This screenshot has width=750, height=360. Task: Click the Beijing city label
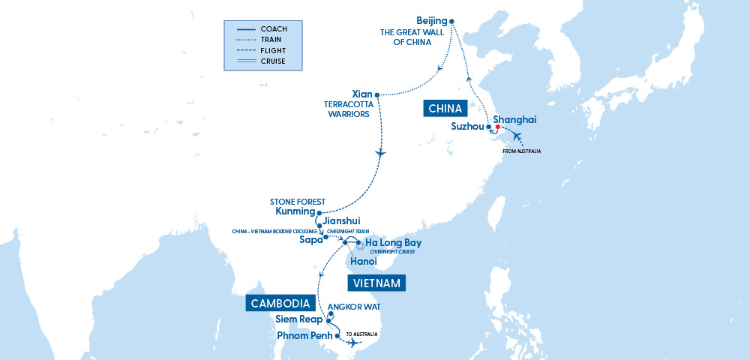(x=430, y=20)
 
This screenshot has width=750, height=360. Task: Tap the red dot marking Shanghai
(x=497, y=127)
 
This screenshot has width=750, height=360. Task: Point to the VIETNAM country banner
(x=376, y=283)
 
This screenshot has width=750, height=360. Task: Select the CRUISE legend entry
(x=272, y=61)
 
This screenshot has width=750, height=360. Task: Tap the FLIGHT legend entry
(x=272, y=50)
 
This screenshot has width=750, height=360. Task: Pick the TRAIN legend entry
(x=271, y=40)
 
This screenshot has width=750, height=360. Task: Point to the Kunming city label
(x=294, y=212)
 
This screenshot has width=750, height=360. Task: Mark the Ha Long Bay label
(x=393, y=243)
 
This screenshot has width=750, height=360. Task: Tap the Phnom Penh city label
(x=304, y=334)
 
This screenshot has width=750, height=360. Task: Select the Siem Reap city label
(x=300, y=319)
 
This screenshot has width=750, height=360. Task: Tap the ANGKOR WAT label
(x=350, y=307)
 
